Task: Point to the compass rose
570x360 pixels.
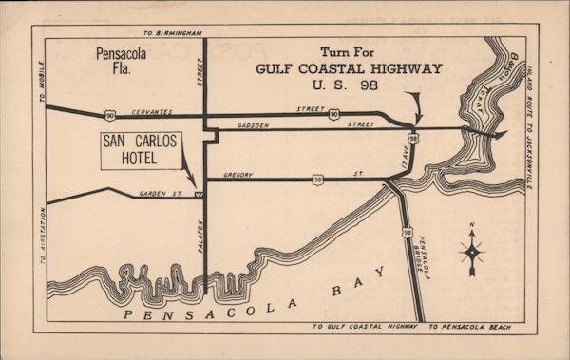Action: [x=472, y=252]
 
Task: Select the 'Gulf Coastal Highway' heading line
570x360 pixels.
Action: [x=349, y=68]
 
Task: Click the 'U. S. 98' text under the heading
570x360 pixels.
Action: [x=348, y=86]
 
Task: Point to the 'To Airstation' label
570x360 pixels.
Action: [x=42, y=235]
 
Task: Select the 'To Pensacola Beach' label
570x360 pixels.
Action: [x=469, y=328]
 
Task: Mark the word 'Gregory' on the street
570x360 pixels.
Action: [x=238, y=175]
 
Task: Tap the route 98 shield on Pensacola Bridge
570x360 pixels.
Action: [x=407, y=232]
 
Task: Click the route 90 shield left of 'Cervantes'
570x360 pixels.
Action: [x=110, y=115]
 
